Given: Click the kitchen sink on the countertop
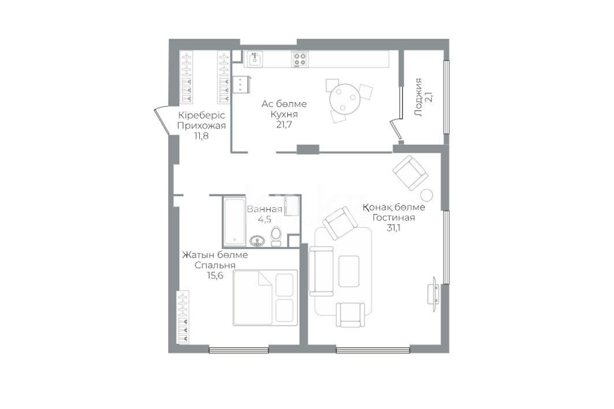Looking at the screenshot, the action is (255, 59).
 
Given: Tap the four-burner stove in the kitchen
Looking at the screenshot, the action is (300, 59).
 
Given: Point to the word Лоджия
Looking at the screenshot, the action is (419, 97).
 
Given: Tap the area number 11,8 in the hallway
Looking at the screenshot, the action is (201, 136).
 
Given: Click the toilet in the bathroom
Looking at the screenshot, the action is (276, 236).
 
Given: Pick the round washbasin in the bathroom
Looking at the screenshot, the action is (257, 241).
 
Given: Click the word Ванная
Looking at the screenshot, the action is (265, 209).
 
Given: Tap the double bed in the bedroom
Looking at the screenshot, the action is (265, 298).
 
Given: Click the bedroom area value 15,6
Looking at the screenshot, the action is (215, 275).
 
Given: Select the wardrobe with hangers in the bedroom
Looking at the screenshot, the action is (183, 317).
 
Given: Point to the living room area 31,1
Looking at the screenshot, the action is (395, 228).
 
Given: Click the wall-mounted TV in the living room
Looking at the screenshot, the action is (434, 294).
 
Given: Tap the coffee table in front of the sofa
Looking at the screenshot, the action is (349, 271).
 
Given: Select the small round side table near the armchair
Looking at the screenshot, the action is (426, 195).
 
